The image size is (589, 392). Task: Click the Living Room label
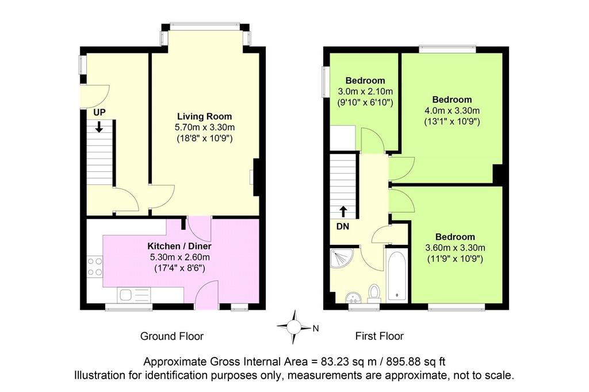pos(204,117)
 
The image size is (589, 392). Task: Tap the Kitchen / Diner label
pos(179,247)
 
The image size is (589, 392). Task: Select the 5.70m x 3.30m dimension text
pos(205,127)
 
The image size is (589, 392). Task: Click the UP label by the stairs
pos(100,112)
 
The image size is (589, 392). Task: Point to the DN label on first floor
pos(343,226)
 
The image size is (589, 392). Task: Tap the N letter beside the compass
pos(316,329)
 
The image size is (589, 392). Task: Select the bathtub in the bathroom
pos(397,275)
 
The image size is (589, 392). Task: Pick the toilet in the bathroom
pos(374,293)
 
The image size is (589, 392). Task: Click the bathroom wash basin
pos(353,297)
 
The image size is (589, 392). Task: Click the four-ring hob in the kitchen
pos(95,266)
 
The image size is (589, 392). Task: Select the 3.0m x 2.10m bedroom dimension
pos(365,91)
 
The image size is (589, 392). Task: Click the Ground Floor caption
pos(171,336)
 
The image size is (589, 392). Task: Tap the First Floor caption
pos(380,336)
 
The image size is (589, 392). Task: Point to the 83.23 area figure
pos(334,362)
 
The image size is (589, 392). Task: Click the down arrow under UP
pos(99,126)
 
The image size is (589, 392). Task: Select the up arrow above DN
pos(343,212)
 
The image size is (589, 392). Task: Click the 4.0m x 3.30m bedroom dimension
pos(452,111)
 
